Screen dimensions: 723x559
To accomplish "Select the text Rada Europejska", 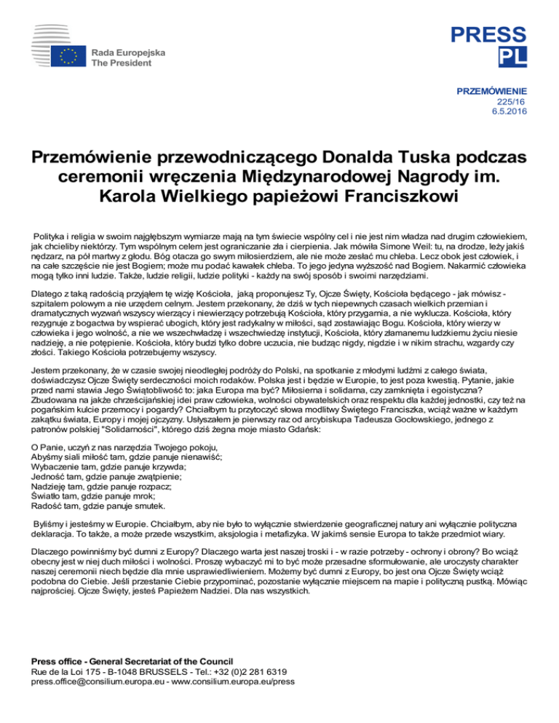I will pos(128,52).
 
